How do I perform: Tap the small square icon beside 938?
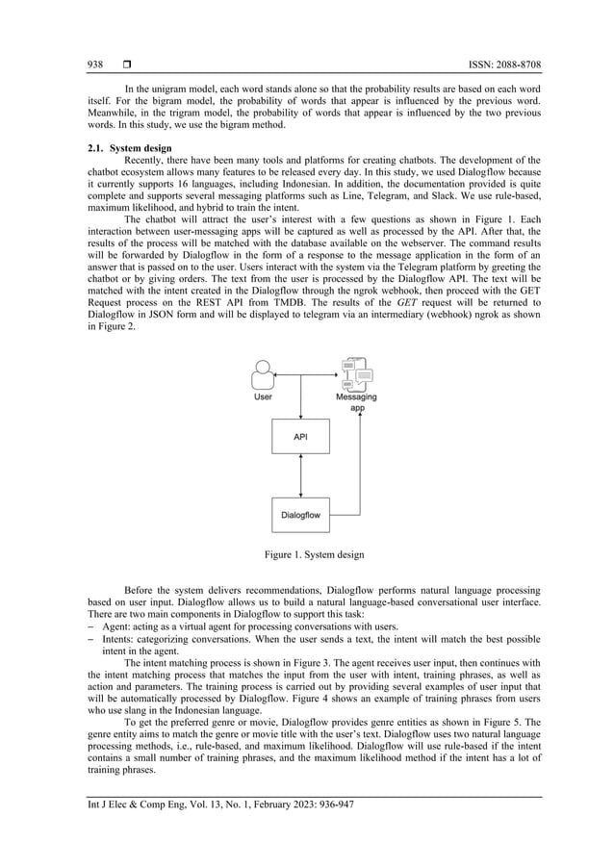126,64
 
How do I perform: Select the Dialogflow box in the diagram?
301,515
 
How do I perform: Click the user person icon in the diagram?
262,371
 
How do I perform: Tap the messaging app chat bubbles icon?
356,370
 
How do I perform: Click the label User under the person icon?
262,396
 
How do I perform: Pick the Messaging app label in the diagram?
356,402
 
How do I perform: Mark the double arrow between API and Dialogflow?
302,476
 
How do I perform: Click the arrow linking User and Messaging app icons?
306,370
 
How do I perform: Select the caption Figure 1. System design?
307,554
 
